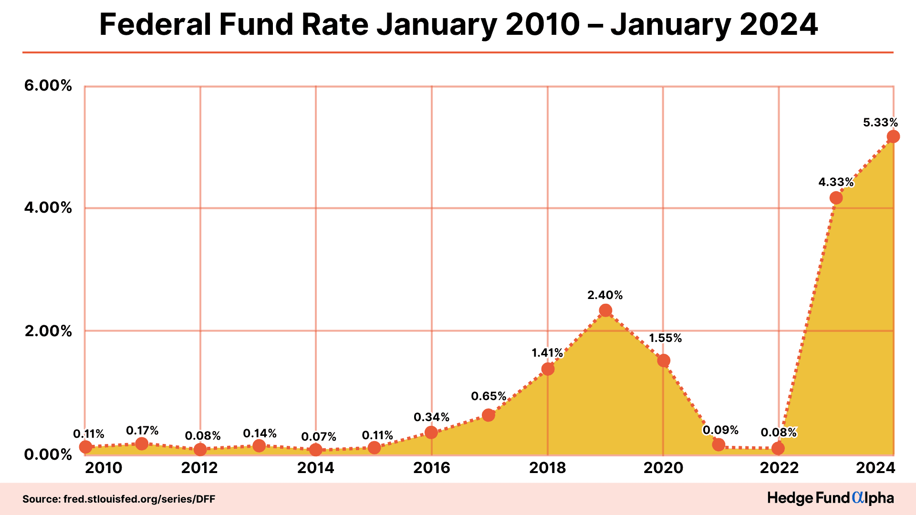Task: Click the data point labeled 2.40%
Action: point(605,310)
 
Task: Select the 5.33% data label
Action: point(880,123)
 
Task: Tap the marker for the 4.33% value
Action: point(836,197)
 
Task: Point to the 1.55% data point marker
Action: point(664,360)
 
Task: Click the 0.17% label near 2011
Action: point(142,431)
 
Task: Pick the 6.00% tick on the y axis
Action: point(48,86)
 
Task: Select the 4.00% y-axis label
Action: point(48,208)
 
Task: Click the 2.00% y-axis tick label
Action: point(48,331)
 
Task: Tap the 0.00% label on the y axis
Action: point(48,454)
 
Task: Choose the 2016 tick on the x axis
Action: point(432,468)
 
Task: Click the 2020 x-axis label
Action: point(663,468)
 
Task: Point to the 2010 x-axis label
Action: point(104,468)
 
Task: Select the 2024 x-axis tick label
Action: point(875,468)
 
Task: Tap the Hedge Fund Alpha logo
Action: point(830,498)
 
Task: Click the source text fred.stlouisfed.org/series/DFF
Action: point(139,499)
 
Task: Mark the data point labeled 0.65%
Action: point(488,415)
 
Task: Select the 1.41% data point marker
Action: point(548,369)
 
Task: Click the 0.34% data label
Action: point(431,417)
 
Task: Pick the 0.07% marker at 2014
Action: point(315,449)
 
